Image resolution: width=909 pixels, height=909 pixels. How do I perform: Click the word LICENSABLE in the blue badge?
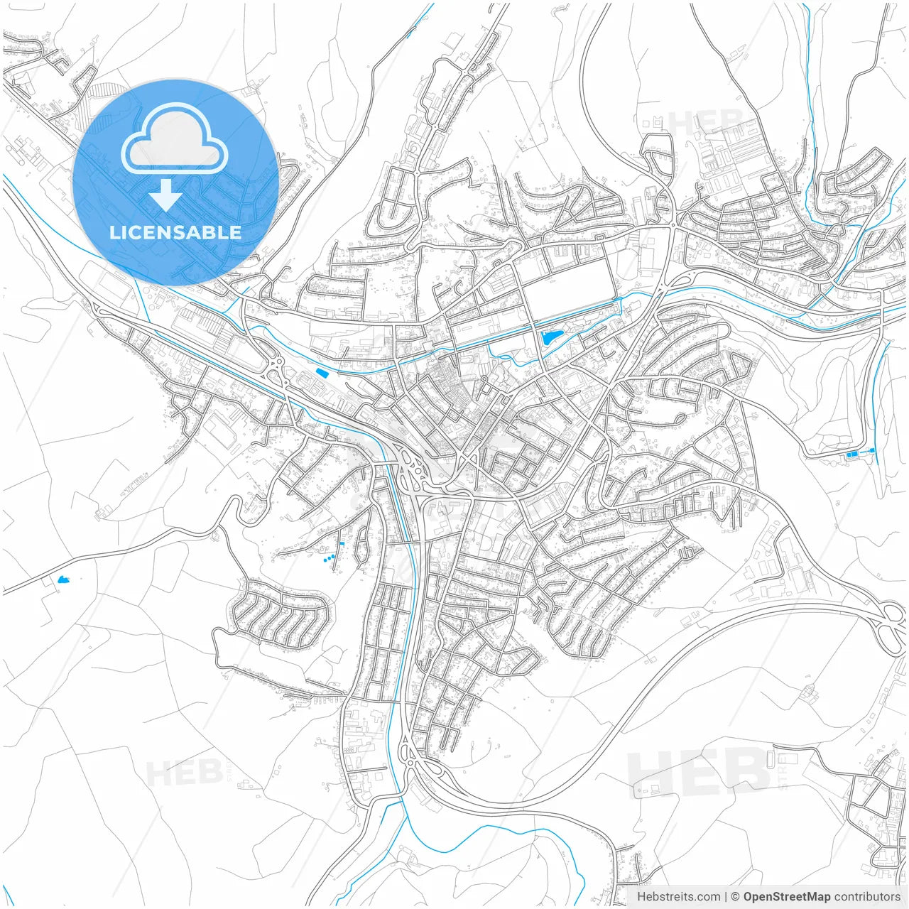click(x=175, y=232)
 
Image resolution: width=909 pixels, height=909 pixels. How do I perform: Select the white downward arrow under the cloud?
click(x=165, y=195)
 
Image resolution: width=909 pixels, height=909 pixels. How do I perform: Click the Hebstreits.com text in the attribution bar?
click(x=678, y=897)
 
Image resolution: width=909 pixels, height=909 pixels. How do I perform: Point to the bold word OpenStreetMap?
click(x=787, y=897)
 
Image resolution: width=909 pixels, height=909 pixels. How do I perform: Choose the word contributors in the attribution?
click(x=867, y=897)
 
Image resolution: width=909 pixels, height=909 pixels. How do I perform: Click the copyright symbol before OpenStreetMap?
click(x=736, y=897)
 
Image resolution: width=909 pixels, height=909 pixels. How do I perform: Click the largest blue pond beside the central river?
click(x=548, y=337)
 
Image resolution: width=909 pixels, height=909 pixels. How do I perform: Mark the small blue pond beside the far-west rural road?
click(x=63, y=580)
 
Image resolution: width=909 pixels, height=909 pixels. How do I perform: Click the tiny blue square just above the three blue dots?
click(x=342, y=544)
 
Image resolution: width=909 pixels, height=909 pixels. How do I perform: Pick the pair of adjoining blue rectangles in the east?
click(x=852, y=454)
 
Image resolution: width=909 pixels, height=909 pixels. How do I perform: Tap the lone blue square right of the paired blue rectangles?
click(x=872, y=450)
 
